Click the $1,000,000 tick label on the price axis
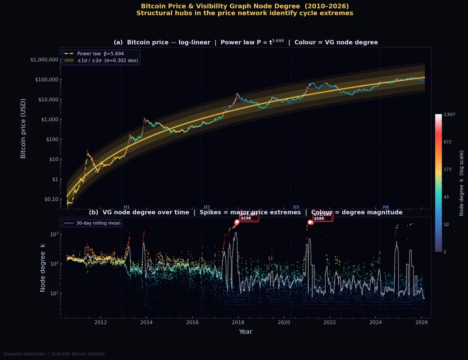click(44, 60)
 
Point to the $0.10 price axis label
click(49, 199)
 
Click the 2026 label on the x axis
click(421, 322)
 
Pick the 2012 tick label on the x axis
click(101, 322)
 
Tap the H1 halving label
click(126, 207)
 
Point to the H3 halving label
click(296, 207)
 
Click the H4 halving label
click(386, 207)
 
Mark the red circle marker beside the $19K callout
click(237, 222)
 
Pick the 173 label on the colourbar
click(447, 169)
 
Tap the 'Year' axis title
click(246, 332)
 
